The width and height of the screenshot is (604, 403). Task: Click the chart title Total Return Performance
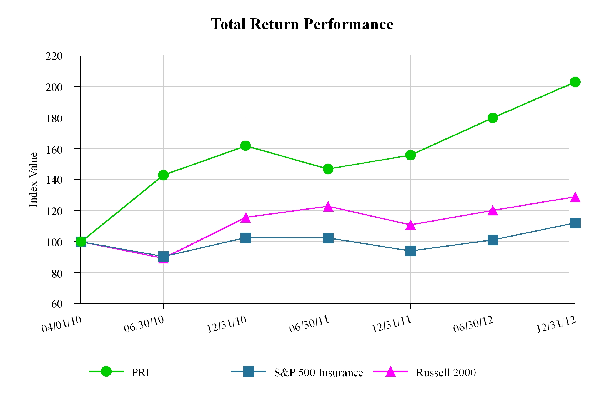302,24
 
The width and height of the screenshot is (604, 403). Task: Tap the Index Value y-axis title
33,180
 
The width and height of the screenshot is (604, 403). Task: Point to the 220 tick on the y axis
54,56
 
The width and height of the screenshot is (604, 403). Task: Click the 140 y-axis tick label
54,180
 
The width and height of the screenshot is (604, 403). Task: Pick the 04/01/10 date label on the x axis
62,324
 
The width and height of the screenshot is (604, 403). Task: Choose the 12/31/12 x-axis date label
556,325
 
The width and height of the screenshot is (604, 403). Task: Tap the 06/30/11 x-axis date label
309,324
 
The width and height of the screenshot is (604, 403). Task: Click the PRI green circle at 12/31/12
575,82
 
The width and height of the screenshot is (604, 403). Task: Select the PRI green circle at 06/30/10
163,175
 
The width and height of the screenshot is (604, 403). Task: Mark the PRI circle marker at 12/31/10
245,145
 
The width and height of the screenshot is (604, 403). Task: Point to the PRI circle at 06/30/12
493,118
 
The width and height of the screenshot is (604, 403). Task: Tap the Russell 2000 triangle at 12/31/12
575,197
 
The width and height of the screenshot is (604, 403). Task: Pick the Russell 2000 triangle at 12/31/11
410,225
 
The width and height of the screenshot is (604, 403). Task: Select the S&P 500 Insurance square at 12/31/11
410,251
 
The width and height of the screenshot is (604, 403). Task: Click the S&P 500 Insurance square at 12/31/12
575,223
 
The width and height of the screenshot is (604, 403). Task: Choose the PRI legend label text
141,373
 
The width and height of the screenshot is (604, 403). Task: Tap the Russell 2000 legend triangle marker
390,372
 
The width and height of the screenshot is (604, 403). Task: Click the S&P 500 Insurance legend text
318,373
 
